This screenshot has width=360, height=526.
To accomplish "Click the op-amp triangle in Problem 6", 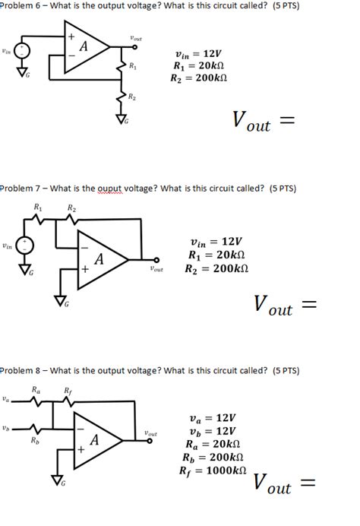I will (84, 49).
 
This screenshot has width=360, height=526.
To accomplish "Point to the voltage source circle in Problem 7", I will (25, 246).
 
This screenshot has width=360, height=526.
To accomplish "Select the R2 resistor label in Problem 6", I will (131, 96).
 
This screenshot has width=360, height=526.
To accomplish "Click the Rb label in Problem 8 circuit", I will (33, 440).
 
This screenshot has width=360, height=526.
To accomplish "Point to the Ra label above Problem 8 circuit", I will (35, 391).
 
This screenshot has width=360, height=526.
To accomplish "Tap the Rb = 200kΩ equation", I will (215, 458).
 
